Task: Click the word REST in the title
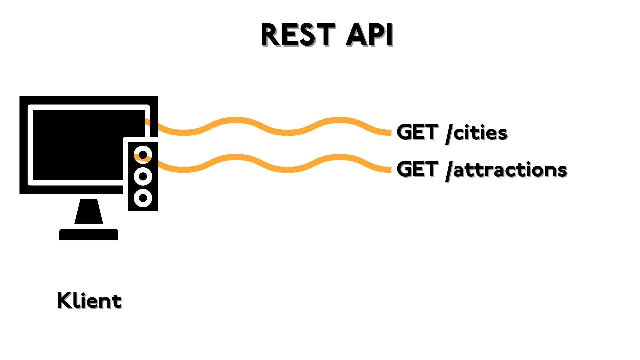tap(297, 35)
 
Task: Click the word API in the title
tap(369, 35)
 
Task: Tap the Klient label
tap(89, 301)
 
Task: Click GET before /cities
tap(417, 132)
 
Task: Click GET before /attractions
tap(417, 169)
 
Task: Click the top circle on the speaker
tap(143, 155)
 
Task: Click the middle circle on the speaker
tap(143, 176)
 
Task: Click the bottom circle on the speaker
tap(143, 198)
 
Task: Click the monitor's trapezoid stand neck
tap(89, 211)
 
